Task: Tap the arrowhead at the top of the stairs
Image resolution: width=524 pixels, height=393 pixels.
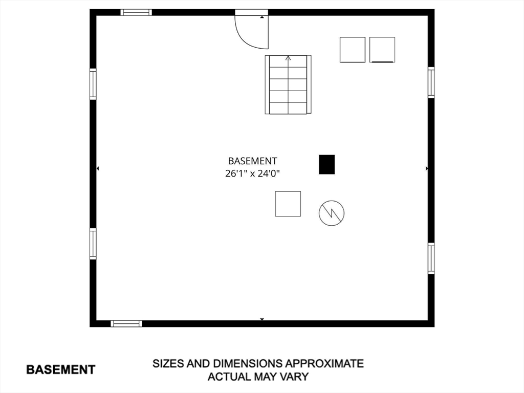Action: point(288,58)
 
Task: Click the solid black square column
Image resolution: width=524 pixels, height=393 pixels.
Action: point(327,164)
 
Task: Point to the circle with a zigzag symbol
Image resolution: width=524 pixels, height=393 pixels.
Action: point(332,213)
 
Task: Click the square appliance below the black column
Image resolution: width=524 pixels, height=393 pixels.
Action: point(288,204)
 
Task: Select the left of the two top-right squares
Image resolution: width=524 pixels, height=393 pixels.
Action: point(353,50)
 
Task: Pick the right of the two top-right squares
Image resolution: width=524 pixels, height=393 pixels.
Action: point(382,50)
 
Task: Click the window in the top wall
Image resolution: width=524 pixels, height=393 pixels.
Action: point(136,12)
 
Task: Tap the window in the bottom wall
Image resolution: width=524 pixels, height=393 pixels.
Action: point(126,323)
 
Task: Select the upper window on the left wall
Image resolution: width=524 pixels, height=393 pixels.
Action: point(93,84)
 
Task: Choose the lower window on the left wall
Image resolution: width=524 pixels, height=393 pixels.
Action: point(93,244)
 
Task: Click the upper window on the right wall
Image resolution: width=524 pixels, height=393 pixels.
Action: point(431,82)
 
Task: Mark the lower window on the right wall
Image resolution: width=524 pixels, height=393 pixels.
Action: point(431,258)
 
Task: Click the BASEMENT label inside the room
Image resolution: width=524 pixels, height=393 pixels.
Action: point(253,161)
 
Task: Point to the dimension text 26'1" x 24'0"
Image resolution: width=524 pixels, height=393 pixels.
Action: point(253,173)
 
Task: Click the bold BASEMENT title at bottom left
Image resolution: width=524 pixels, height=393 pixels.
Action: point(60,369)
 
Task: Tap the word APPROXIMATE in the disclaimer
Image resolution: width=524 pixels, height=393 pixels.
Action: point(324,364)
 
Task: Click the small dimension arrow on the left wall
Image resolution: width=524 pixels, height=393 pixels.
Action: point(98,168)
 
